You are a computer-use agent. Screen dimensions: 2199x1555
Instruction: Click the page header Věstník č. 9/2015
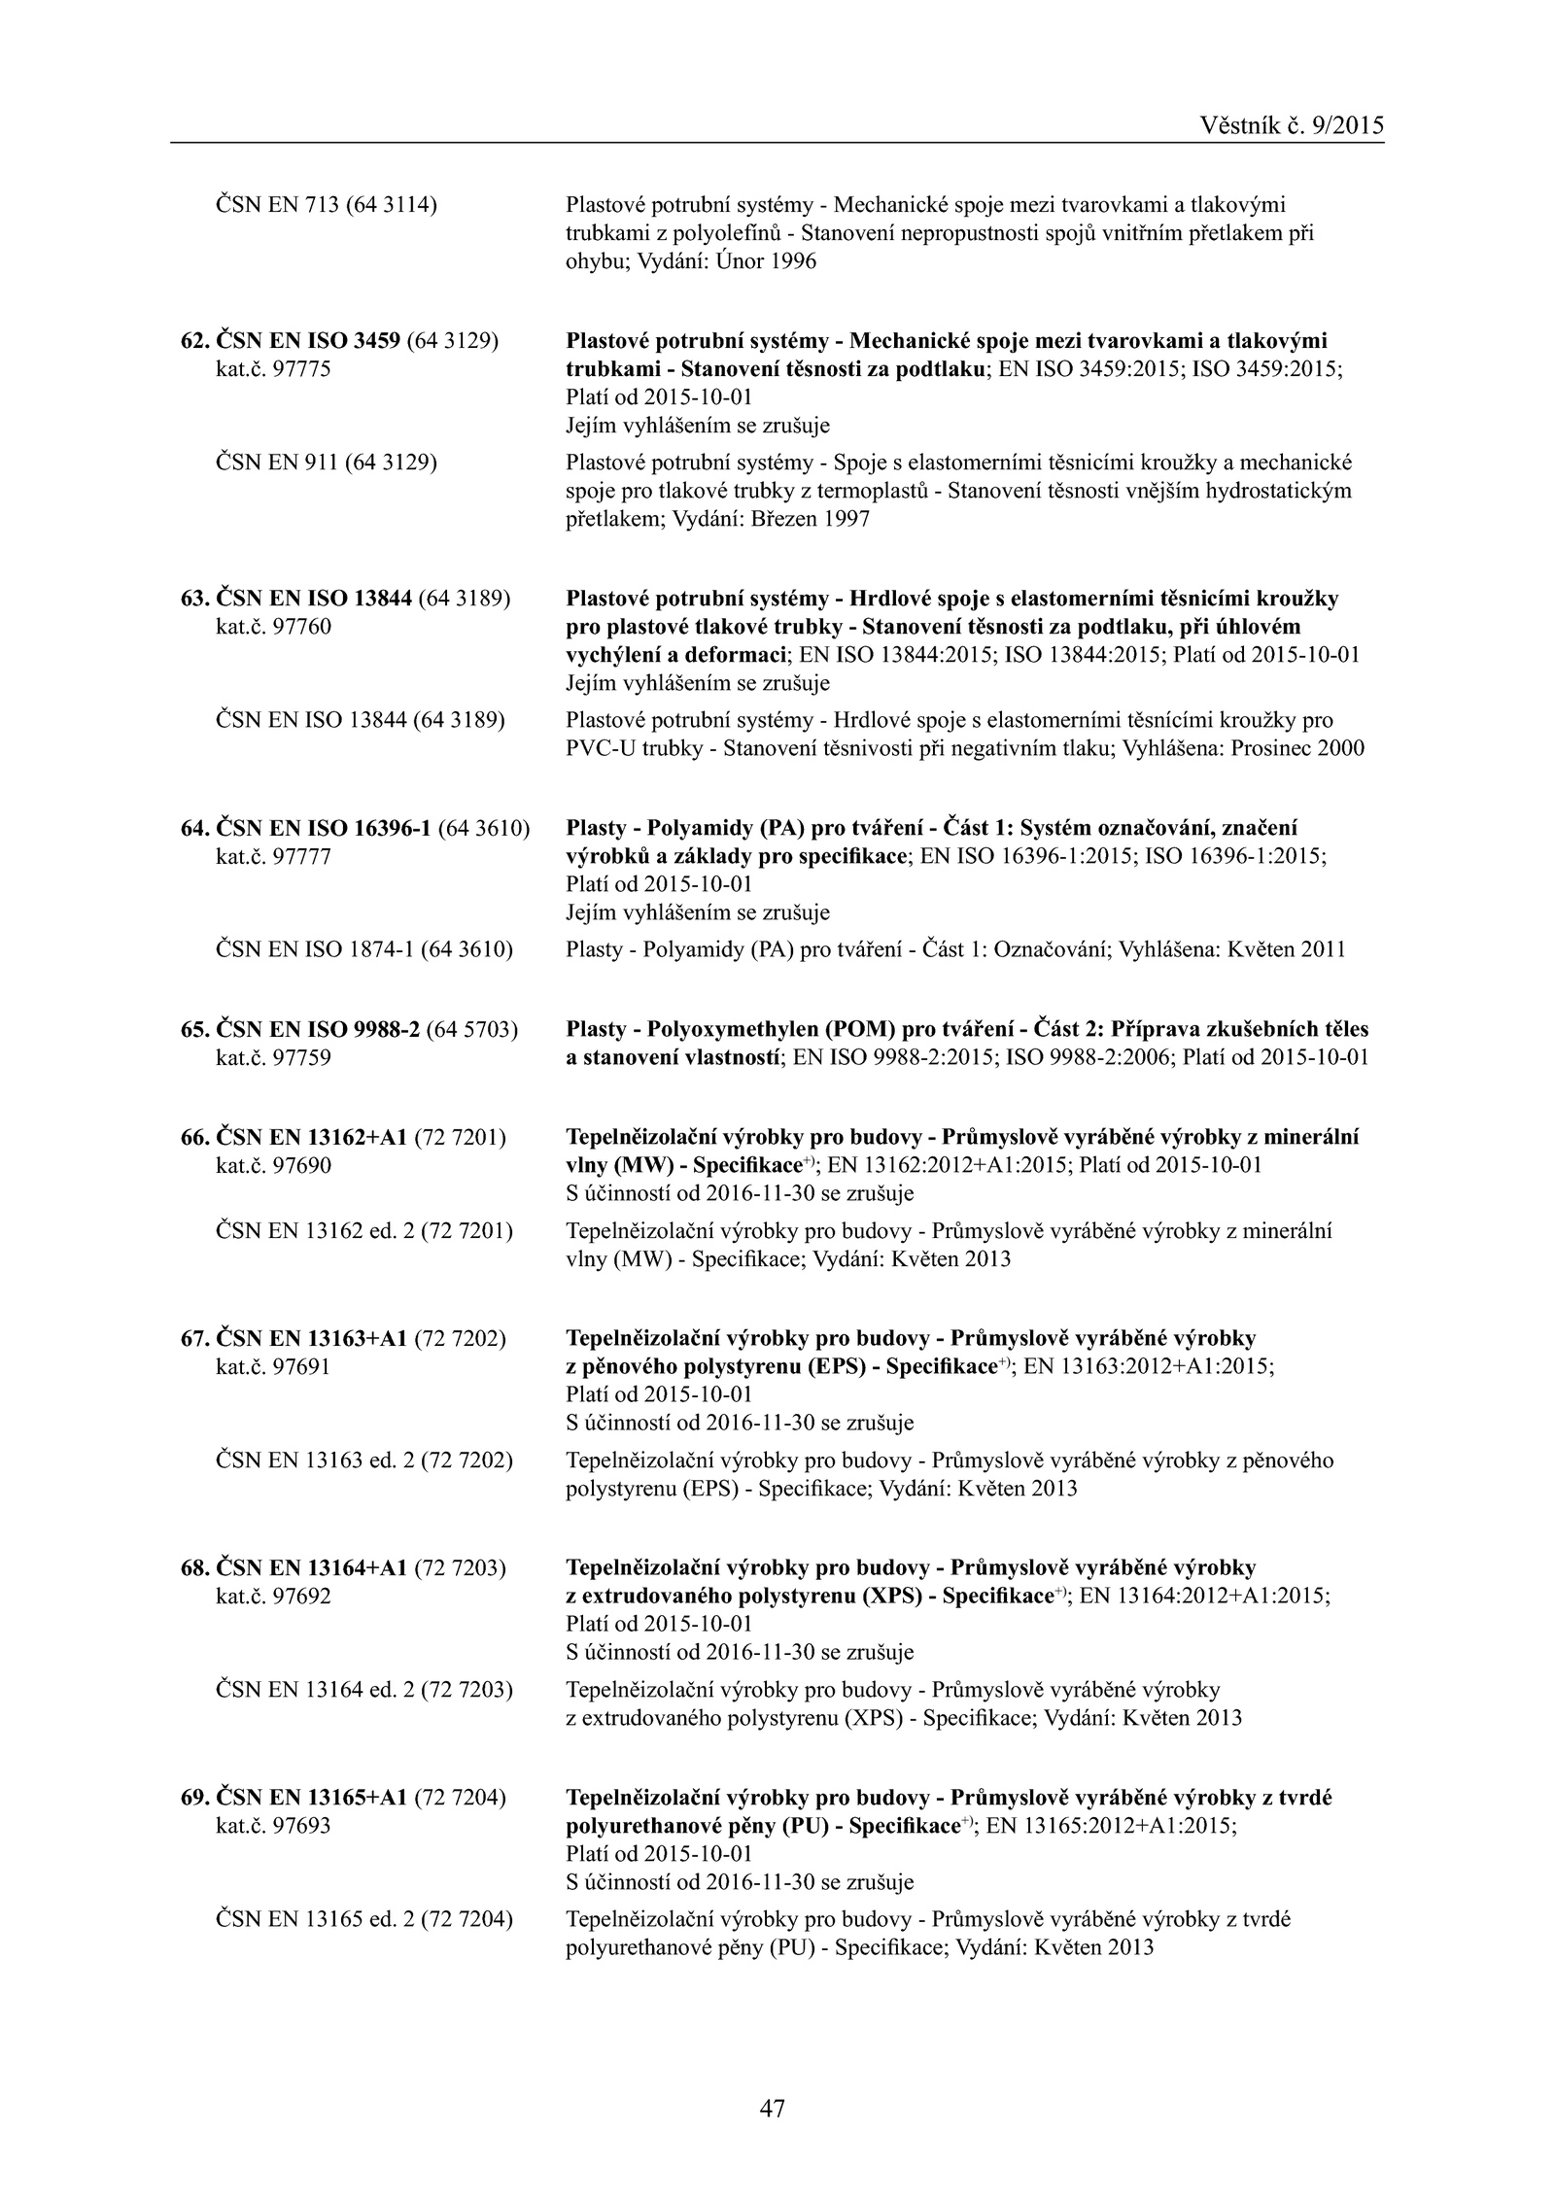(1292, 125)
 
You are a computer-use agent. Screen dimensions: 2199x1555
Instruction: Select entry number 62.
(194, 341)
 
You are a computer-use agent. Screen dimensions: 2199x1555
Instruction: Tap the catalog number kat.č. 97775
(273, 369)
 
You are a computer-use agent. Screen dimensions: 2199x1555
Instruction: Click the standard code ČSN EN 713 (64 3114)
(326, 205)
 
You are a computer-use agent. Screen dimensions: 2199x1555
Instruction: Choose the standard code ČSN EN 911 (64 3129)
(326, 463)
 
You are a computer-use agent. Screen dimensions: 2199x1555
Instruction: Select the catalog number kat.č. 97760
(273, 627)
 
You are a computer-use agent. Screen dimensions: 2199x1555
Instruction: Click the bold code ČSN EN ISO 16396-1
(323, 829)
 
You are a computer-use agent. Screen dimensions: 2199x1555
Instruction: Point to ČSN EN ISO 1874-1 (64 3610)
(363, 949)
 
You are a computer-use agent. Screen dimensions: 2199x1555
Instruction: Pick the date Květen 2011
(1287, 949)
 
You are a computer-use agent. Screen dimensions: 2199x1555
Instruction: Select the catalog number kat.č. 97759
(273, 1057)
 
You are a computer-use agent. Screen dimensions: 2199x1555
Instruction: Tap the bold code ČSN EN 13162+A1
(311, 1137)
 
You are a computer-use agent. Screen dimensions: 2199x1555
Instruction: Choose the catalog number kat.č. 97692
(273, 1596)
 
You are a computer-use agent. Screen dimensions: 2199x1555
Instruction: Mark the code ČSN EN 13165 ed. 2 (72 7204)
(363, 1919)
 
